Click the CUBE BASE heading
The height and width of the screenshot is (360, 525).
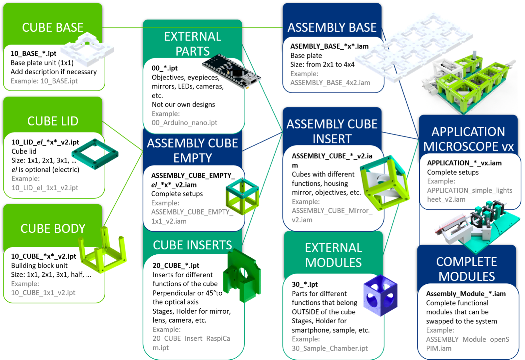coord(53,27)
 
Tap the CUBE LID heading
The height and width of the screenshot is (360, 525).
coord(53,121)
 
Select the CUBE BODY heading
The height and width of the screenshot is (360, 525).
coord(53,229)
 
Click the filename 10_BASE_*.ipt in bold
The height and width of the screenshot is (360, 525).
coord(33,53)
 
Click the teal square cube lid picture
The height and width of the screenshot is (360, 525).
coord(95,154)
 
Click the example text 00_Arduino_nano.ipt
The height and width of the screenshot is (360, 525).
coord(184,123)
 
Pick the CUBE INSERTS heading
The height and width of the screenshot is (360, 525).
coord(192,245)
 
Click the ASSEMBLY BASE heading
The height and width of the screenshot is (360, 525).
coord(332,27)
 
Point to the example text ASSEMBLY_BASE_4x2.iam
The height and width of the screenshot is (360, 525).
coord(330,83)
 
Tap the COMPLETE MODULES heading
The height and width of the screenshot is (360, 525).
coord(466,269)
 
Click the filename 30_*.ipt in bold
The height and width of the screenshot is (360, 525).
coord(305,284)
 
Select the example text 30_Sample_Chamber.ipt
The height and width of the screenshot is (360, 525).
coord(330,348)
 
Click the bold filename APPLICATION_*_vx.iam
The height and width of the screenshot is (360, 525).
coord(464,163)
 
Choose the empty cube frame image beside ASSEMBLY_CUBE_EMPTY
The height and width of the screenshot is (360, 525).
coord(242,196)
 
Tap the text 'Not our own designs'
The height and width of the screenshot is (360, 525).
coord(183,104)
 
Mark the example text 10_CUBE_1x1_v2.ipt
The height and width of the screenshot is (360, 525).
coord(43,292)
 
